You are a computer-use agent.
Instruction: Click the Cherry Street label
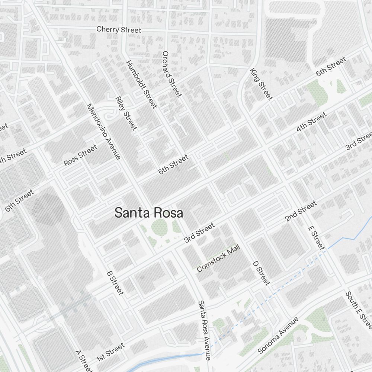[x=119, y=29]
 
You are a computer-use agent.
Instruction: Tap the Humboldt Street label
[x=141, y=84]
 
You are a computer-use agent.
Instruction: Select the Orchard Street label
[x=172, y=74]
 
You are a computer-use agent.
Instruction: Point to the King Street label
[x=261, y=84]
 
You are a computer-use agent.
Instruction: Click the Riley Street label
[x=126, y=113]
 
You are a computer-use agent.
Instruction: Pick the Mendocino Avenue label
[x=103, y=131]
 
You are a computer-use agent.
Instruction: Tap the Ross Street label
[x=80, y=155]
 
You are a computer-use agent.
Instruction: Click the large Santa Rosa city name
[x=149, y=213]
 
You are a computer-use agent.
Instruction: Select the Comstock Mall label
[x=219, y=258]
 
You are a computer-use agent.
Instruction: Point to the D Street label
[x=261, y=273]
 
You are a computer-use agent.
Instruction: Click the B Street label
[x=115, y=283]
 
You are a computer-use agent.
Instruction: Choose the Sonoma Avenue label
[x=278, y=335]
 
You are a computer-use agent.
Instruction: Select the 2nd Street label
[x=301, y=211]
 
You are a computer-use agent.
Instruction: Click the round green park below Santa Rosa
[x=159, y=226]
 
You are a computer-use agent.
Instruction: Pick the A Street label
[x=83, y=360]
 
